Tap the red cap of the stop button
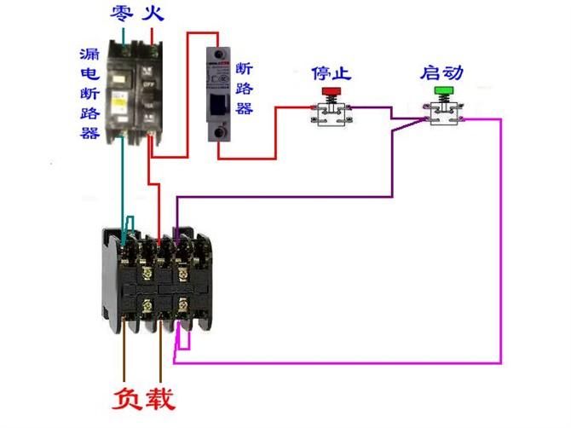331,90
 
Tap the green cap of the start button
444,90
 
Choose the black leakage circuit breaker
134,90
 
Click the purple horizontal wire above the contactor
281,196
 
